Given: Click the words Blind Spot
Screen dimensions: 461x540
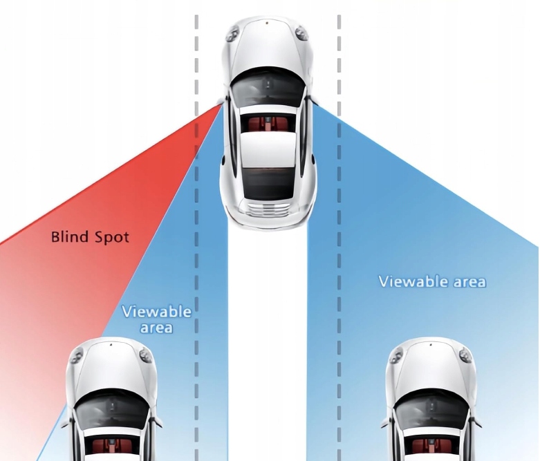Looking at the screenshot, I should [90, 237].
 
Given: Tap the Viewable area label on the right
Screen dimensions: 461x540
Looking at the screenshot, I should [432, 281].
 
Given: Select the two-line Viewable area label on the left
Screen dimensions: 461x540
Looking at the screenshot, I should [156, 319].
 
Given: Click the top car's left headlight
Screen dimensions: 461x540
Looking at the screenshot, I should [234, 32].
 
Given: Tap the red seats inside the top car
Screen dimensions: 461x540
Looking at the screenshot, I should [267, 123].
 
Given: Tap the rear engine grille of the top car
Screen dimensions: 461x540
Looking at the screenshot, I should [267, 210].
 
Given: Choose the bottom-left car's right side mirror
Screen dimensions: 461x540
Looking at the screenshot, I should [157, 421].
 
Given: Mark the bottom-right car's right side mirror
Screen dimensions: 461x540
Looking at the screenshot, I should [476, 421].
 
